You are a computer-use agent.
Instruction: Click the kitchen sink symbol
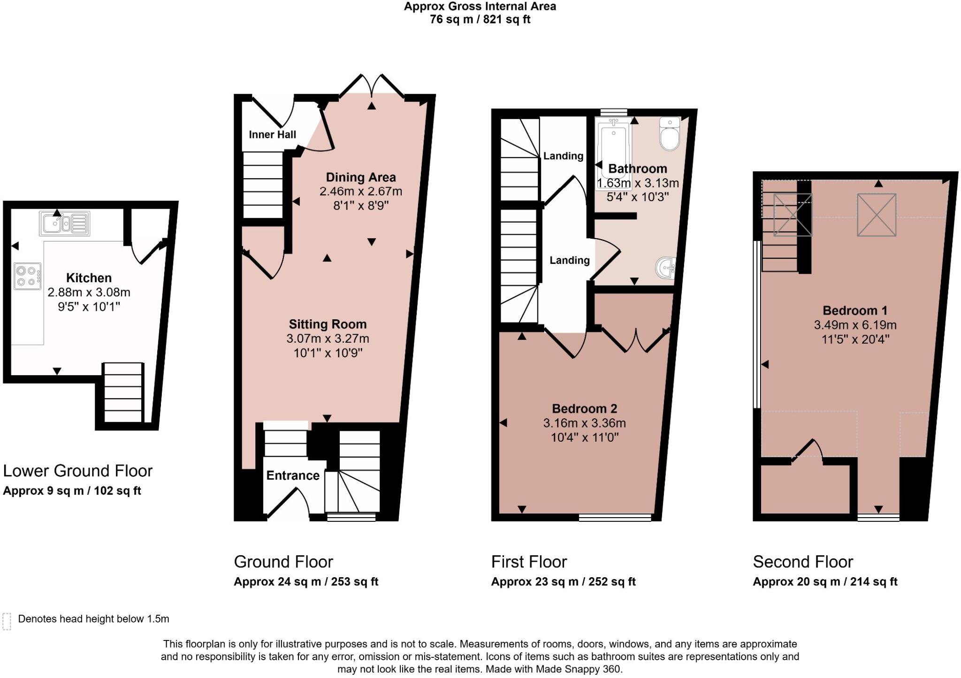point(65,224)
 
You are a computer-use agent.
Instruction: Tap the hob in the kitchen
point(28,276)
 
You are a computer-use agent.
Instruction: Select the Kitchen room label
point(89,278)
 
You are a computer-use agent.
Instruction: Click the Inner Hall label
point(272,135)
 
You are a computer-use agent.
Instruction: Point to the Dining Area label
point(361,177)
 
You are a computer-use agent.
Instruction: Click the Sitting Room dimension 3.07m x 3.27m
point(328,339)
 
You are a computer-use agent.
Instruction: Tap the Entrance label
point(293,475)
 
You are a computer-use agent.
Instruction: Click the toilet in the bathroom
point(670,134)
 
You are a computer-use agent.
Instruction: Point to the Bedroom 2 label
point(584,409)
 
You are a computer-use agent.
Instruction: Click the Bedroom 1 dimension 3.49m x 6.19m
point(855,325)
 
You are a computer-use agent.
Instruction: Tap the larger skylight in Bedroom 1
point(877,215)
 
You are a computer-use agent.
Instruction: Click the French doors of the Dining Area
point(372,87)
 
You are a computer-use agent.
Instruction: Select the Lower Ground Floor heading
point(78,471)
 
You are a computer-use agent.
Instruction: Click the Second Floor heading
point(803,562)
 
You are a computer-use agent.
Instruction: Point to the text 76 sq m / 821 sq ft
point(480,20)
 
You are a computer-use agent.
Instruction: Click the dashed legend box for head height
point(7,621)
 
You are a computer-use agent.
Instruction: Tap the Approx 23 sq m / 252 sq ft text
point(563,582)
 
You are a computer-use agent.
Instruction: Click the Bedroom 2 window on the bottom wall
point(615,518)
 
